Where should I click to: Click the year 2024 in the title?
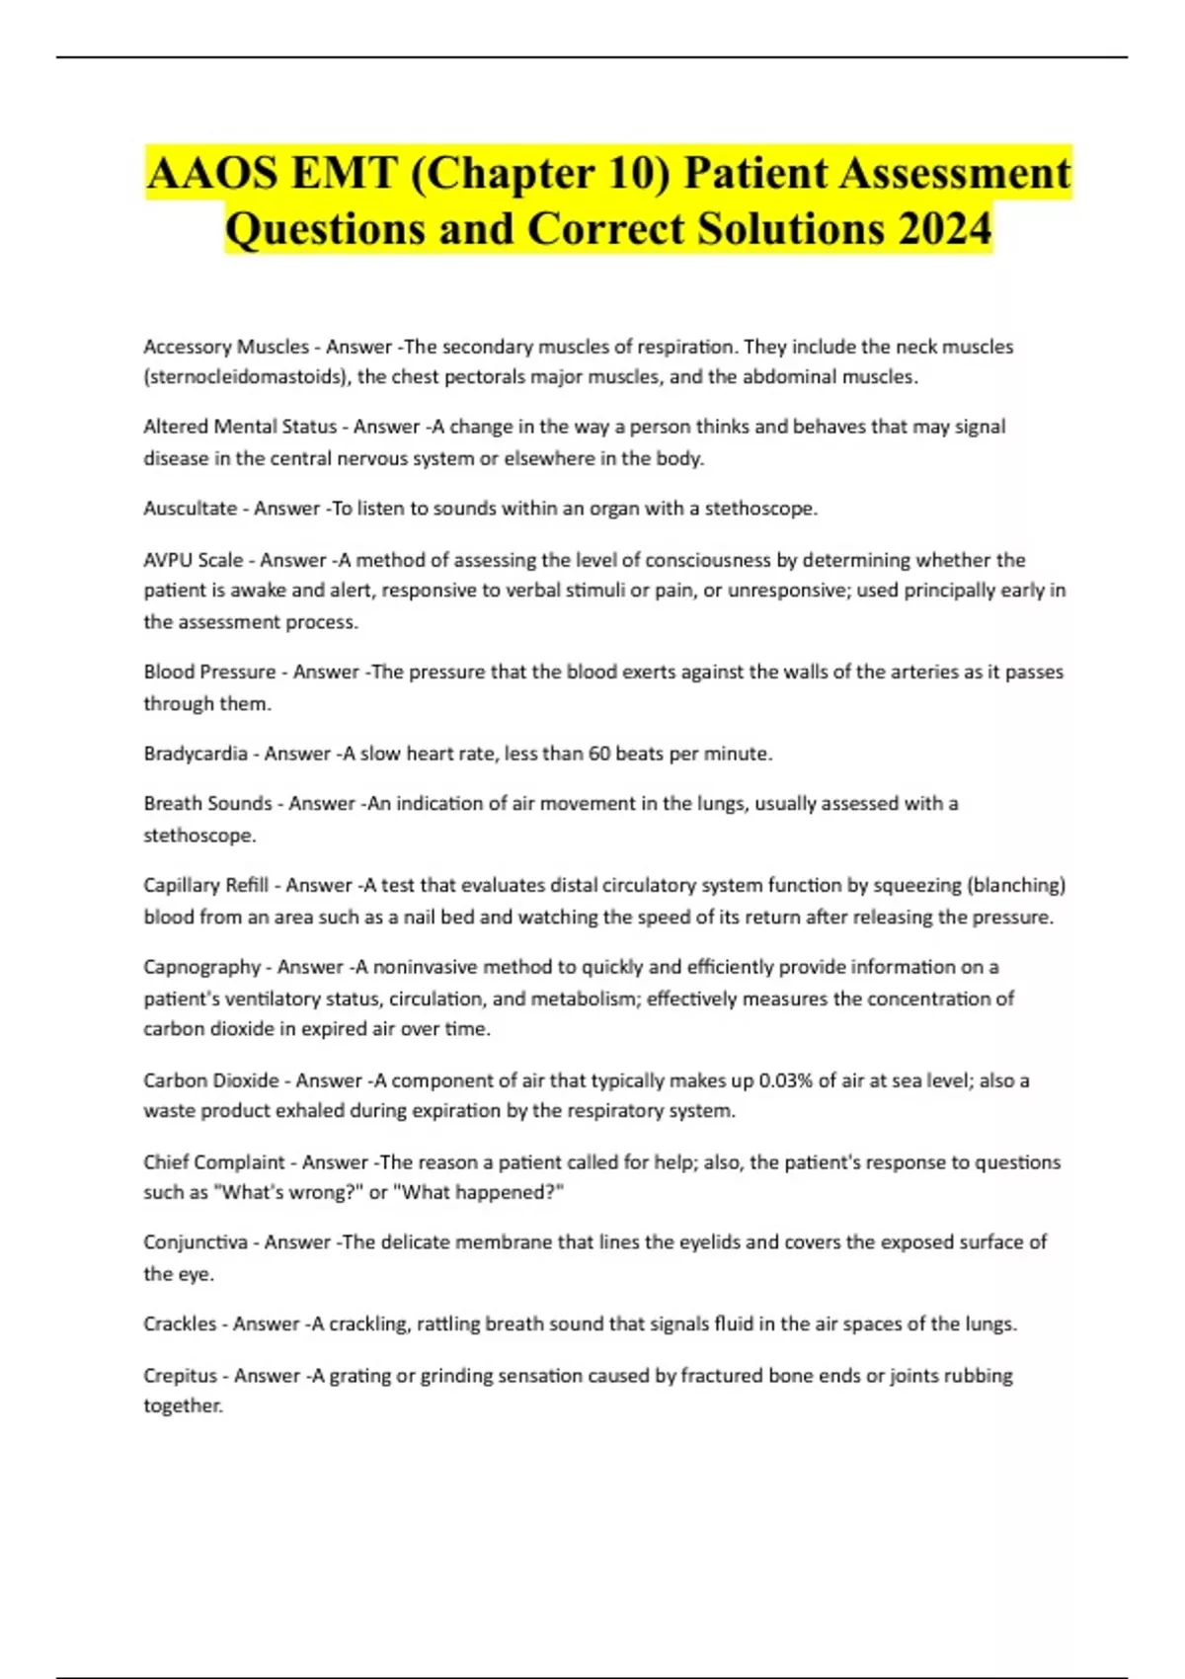(x=944, y=229)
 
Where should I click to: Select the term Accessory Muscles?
(x=226, y=347)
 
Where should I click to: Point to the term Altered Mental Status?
(x=240, y=427)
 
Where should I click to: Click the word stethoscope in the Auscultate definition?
(x=760, y=509)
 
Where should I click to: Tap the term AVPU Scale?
(x=193, y=560)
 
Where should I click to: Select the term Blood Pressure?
(x=209, y=672)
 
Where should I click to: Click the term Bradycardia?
(x=196, y=754)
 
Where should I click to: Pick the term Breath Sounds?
(x=207, y=804)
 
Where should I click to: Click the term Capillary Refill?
(x=205, y=885)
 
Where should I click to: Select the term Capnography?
(x=201, y=967)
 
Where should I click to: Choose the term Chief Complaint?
(x=213, y=1162)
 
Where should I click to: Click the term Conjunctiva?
(x=196, y=1242)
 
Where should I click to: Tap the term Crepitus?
(x=180, y=1376)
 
